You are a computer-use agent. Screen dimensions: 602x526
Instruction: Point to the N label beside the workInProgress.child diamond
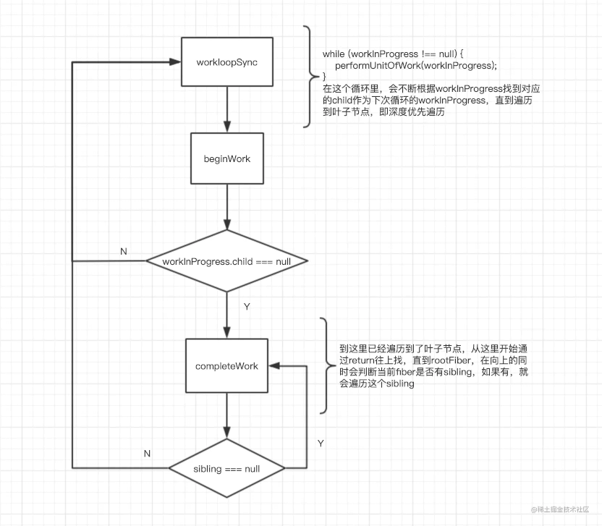point(123,252)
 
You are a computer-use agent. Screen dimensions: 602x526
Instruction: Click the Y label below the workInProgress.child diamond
point(247,306)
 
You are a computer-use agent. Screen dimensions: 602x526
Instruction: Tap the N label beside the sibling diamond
point(147,454)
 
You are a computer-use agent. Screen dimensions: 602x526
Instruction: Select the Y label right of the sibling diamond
point(321,444)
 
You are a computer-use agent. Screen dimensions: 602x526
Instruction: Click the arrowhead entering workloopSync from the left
point(175,61)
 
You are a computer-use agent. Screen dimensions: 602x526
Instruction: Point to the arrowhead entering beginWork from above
point(227,127)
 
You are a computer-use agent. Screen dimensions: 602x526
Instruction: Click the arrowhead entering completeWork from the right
point(274,366)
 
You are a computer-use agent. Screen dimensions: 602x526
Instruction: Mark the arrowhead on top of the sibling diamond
point(227,433)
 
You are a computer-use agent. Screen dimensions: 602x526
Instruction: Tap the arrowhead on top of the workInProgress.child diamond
point(227,224)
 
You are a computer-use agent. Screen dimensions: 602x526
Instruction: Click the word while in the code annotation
point(334,54)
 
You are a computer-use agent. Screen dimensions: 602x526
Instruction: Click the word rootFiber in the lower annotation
point(451,360)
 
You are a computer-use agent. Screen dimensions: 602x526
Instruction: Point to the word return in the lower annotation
point(362,360)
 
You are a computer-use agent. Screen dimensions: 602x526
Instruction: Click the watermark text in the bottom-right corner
point(560,509)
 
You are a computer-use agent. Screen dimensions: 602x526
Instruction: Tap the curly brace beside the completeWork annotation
point(327,365)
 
